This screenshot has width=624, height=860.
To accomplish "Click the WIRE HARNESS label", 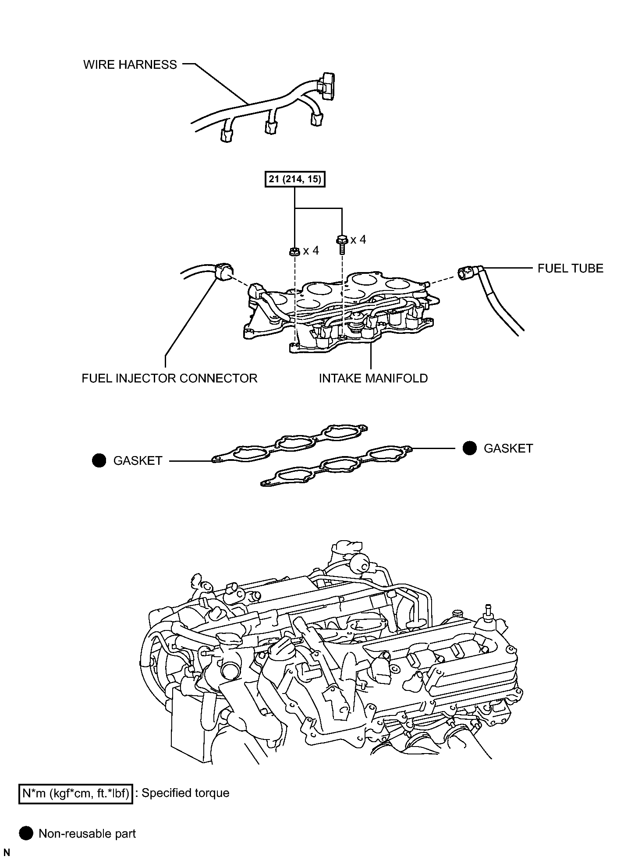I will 130,65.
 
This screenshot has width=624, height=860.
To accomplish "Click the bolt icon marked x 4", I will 342,243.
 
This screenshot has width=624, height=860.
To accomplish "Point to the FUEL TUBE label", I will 570,268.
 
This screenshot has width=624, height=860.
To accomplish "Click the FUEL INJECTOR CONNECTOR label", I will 169,378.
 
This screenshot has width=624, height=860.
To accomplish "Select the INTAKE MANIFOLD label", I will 373,378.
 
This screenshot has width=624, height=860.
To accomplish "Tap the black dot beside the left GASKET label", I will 99,460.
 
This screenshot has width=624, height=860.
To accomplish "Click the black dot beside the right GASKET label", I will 470,448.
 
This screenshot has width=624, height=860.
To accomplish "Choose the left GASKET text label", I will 138,461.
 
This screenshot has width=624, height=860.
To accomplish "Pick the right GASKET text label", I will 508,449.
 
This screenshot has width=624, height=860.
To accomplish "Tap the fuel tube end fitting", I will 467,273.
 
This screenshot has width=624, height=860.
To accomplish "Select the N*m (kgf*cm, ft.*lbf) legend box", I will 75,793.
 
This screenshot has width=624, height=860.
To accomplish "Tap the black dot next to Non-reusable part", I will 26,833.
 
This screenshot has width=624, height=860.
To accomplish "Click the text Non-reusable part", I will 87,833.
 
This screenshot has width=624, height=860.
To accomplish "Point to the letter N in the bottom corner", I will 7,853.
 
